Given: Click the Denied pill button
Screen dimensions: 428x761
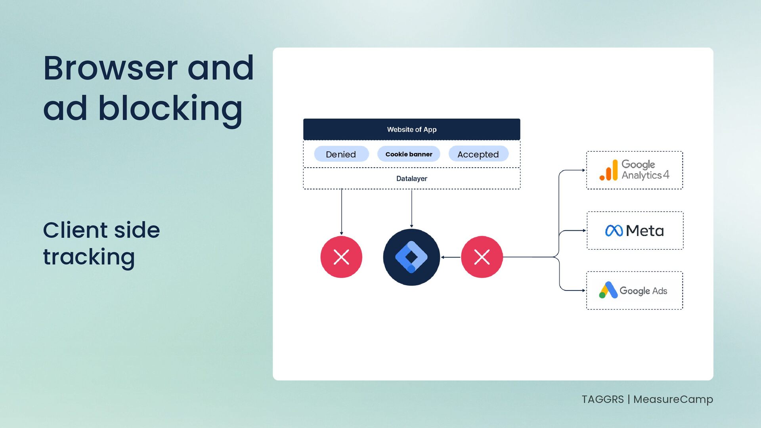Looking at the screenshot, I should coord(341,154).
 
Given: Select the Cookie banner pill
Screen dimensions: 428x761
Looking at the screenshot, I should coord(409,154).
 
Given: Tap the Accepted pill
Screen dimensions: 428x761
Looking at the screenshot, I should coord(478,154).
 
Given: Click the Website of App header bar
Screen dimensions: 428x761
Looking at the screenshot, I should coord(411,129).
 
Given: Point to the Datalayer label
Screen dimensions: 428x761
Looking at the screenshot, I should coord(411,178).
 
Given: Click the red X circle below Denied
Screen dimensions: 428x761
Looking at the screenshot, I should coord(341,257).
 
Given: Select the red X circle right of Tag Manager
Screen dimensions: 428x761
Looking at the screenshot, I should coord(482,257).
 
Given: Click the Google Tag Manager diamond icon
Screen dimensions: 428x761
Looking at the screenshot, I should coord(411,257).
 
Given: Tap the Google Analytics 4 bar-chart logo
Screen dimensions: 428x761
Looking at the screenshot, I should coord(609,170).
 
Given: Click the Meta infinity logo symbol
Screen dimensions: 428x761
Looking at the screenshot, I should coord(614,231).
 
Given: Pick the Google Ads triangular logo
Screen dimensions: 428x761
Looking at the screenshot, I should coord(608,290).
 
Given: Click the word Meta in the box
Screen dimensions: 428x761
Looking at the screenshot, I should coord(645,231).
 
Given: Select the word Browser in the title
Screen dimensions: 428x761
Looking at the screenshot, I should coord(110,68).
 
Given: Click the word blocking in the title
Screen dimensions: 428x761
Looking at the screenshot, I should coord(170,109).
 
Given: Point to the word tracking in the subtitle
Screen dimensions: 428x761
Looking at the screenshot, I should coord(89,257).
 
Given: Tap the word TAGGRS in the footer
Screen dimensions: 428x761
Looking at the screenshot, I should coord(602,399).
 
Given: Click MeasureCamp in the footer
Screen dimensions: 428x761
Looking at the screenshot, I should coord(673,399).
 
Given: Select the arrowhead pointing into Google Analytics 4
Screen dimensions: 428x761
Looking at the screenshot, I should coord(583,170).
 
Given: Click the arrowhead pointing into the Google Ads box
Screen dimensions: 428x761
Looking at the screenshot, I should coord(583,290).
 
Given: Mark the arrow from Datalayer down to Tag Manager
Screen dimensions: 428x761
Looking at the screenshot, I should coord(411,208).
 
